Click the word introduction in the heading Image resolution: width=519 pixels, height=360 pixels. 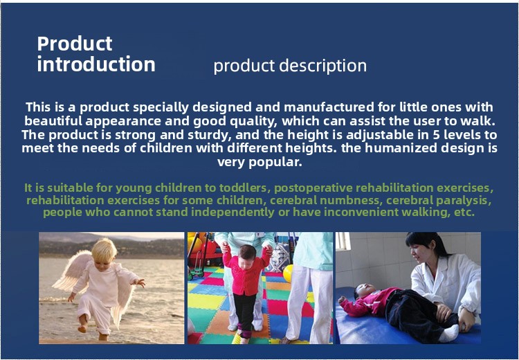click(96, 64)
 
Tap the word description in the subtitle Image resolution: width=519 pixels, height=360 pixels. click(322, 66)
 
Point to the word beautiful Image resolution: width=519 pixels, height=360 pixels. click(53, 121)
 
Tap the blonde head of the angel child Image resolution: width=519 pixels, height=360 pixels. click(104, 251)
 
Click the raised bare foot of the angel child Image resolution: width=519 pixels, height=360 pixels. click(82, 327)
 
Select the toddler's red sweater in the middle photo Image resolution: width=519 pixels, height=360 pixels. click(246, 273)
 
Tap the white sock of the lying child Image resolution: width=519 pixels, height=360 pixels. click(450, 334)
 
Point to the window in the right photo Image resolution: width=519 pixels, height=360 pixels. click(343, 240)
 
